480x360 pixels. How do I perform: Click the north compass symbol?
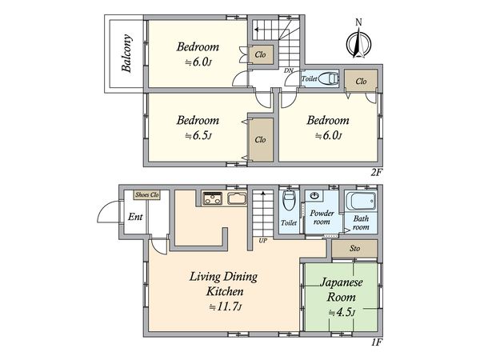[358, 43]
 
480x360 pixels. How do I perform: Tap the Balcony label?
[126, 53]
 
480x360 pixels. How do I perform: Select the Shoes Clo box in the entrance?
[147, 194]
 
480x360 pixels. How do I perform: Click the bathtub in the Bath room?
[361, 201]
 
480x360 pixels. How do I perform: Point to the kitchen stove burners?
[213, 198]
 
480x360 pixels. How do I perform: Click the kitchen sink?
[237, 198]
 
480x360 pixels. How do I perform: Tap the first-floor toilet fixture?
[289, 200]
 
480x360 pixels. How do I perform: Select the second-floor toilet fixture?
[329, 78]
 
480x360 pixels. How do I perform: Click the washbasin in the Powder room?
[314, 196]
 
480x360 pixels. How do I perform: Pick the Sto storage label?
[354, 248]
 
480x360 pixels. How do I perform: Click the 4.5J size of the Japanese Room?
[342, 313]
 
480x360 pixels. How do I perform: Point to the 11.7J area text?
[226, 306]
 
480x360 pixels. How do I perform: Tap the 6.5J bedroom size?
[198, 135]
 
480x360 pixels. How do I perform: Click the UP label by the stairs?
[262, 241]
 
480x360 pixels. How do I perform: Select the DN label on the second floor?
[288, 70]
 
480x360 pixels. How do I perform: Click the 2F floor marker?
[377, 172]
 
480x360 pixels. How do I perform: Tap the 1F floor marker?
[377, 342]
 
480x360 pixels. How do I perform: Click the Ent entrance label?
[135, 217]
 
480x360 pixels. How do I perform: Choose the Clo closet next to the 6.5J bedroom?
[260, 139]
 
